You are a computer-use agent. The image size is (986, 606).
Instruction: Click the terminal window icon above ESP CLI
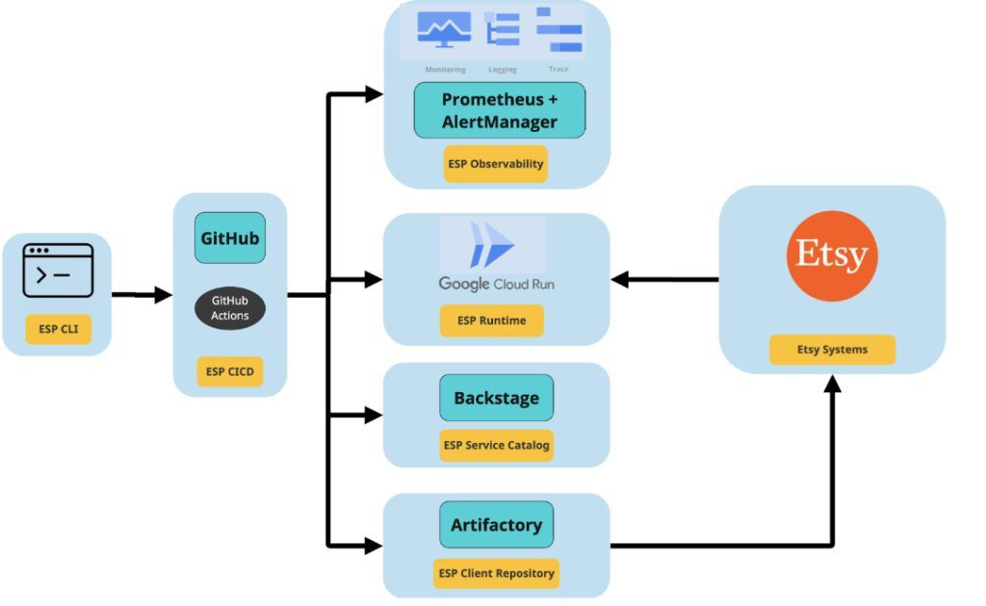coord(58,271)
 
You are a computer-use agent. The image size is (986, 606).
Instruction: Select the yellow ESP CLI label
coord(58,329)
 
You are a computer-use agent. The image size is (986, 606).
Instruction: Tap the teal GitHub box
coord(229,238)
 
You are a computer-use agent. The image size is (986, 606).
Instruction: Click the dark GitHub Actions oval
coord(229,308)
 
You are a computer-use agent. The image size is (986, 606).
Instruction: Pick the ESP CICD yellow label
coord(229,371)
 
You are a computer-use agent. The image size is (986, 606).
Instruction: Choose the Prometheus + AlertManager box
coord(499,110)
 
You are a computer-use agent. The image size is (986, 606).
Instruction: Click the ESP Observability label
coord(495,164)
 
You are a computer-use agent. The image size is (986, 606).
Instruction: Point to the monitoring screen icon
coord(444,30)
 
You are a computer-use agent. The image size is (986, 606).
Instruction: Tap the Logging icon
coord(502,30)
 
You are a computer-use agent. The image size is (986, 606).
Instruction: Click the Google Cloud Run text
coord(496,284)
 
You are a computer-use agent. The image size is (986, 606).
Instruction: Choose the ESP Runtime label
coord(491,321)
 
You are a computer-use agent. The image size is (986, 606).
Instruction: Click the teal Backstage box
coord(496,398)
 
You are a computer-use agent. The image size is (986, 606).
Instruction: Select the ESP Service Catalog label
coord(496,445)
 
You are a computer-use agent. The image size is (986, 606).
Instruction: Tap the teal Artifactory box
coord(496,525)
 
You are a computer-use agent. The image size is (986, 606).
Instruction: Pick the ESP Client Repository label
coord(496,573)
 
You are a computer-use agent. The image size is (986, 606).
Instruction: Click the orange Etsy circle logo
coord(831,254)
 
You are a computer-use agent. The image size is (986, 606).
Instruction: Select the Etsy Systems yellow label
coord(831,350)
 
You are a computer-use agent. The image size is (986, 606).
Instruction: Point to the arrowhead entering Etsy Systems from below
coord(831,383)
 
